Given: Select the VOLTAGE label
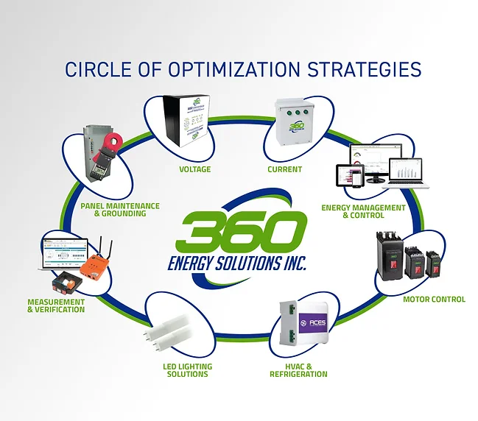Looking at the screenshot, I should (x=195, y=169).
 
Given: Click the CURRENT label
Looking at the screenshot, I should (x=284, y=169).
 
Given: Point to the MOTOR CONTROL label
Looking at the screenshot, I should (x=434, y=300).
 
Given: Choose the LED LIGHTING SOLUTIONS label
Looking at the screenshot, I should (x=187, y=370).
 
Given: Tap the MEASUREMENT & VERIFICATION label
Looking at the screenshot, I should (x=56, y=305).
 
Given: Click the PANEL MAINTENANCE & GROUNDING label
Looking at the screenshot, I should (x=113, y=210).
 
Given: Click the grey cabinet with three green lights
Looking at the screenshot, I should (x=289, y=126).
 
